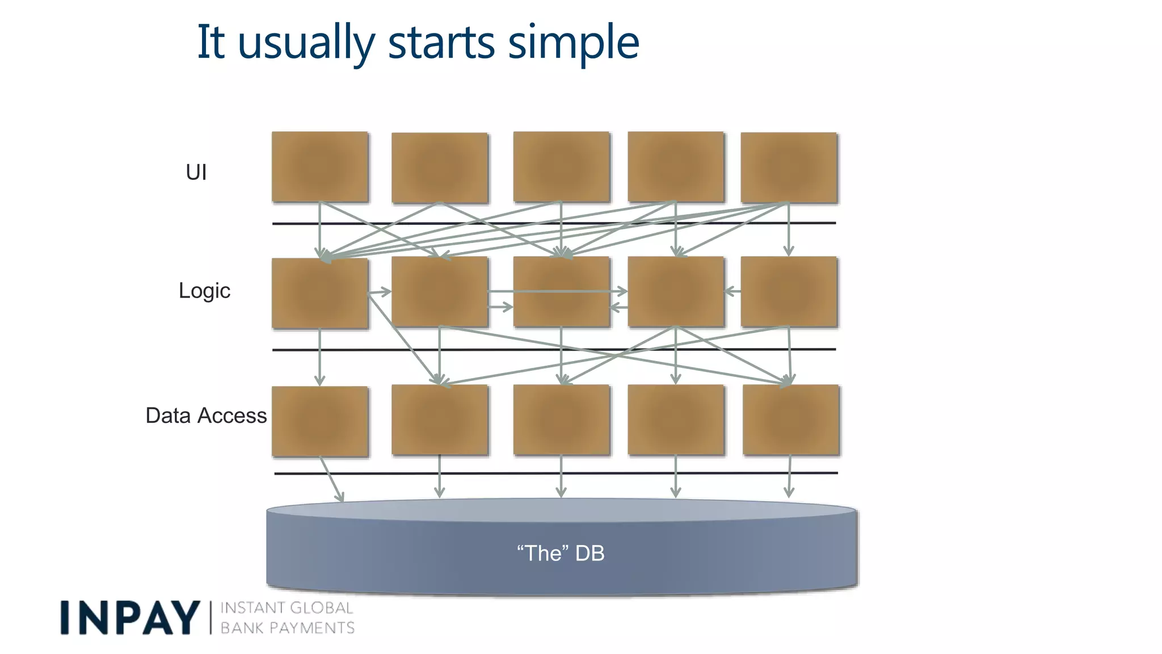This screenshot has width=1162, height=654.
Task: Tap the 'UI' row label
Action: pos(196,172)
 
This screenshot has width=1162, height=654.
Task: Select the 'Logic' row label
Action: pos(204,291)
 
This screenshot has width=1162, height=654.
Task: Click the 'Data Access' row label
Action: pos(206,416)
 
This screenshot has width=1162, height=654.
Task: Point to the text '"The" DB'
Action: pos(561,553)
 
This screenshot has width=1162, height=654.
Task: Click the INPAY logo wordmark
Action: pos(130,618)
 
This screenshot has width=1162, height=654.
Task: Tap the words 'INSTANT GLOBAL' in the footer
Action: pos(287,608)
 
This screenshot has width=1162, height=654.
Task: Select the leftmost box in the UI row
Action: pos(320,167)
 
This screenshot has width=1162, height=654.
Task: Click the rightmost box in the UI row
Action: pos(789,167)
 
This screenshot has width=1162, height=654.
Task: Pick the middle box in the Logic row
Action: pos(561,291)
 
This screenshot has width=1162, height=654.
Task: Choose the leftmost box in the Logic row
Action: pos(320,293)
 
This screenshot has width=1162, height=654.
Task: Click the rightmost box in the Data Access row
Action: pos(790,420)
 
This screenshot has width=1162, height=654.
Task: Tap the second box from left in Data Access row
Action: pos(440,420)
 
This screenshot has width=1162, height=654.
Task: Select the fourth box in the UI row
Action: pos(676,167)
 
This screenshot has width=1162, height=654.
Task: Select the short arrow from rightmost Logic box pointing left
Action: pos(733,291)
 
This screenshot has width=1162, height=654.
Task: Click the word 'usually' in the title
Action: pos(306,43)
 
